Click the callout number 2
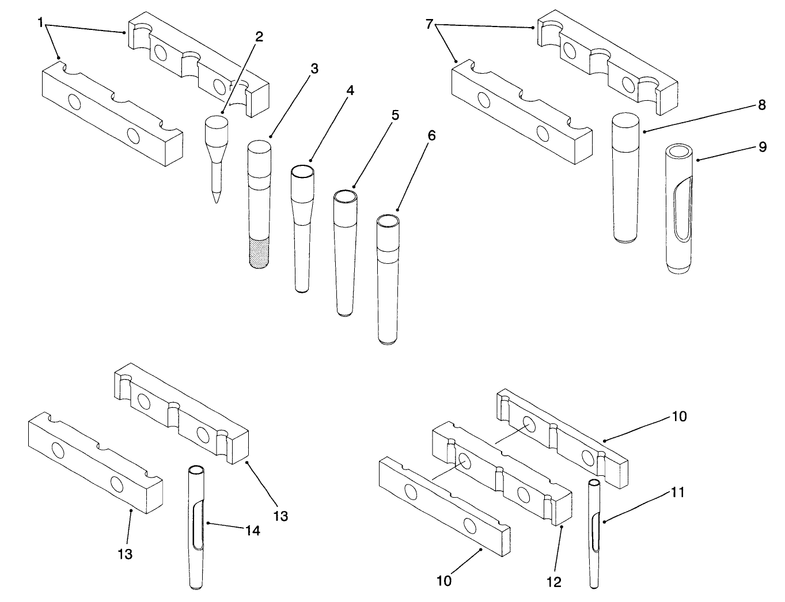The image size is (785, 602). click(259, 37)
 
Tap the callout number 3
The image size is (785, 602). click(314, 69)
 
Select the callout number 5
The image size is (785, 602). click(395, 115)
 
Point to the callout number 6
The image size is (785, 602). click(432, 136)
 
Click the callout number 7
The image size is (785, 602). click(428, 24)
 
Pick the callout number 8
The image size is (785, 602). click(762, 105)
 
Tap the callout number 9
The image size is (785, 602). click(762, 147)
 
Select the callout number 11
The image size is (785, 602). click(678, 493)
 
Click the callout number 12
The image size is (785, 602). click(553, 582)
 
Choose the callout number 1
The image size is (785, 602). click(41, 22)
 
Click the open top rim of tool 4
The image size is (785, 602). click(302, 172)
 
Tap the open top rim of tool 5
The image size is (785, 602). click(344, 197)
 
